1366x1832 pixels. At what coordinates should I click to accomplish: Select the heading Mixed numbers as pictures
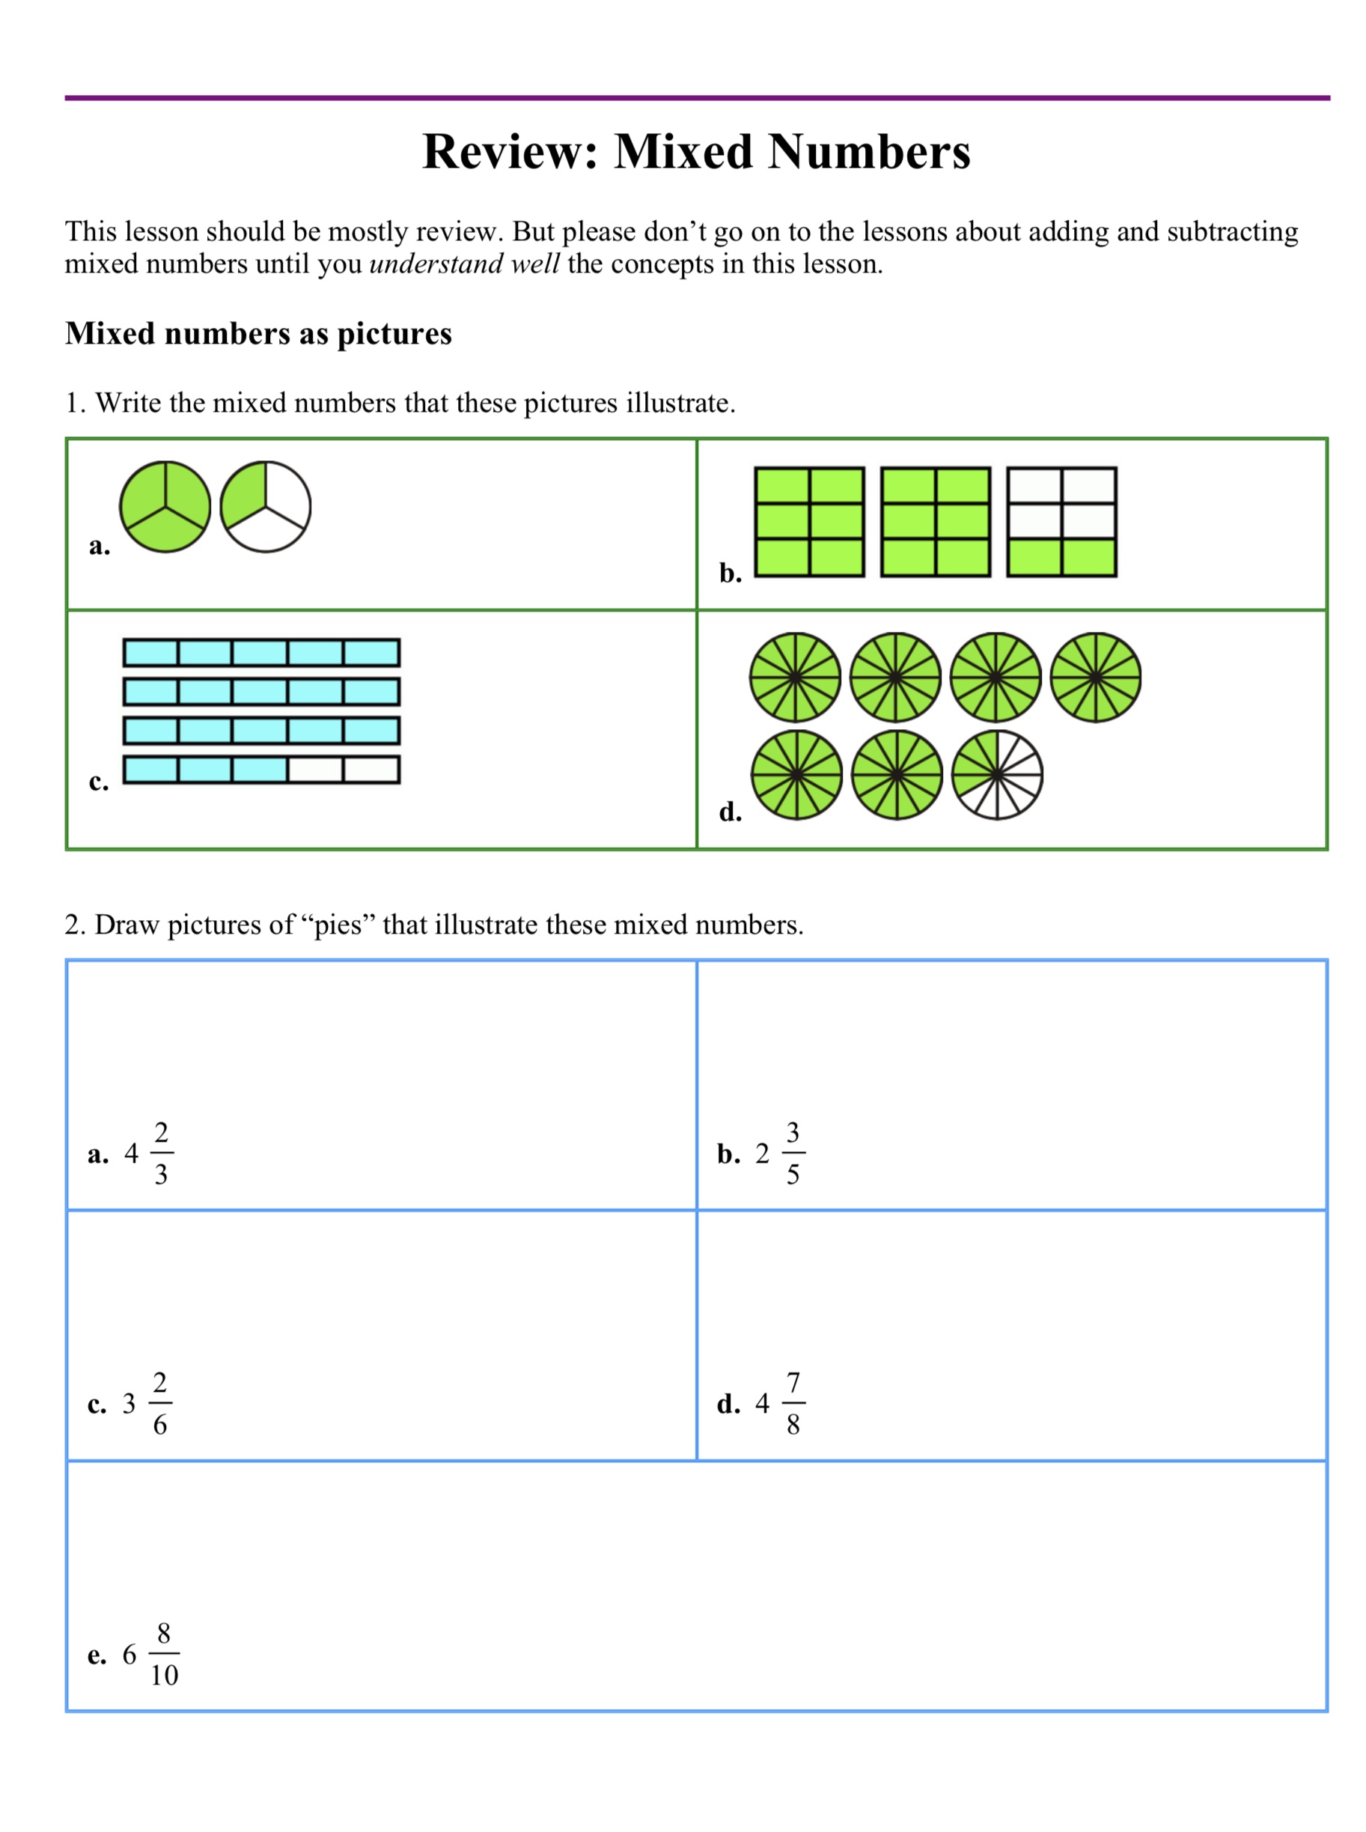258,333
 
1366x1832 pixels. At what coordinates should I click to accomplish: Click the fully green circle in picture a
165,507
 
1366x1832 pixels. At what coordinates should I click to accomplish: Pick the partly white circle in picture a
266,507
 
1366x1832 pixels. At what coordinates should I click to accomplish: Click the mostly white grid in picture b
1061,522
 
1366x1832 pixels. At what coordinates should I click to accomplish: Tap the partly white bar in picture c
261,769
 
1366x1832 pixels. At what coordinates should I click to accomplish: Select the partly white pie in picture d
996,775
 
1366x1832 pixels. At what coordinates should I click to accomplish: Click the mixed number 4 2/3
149,1153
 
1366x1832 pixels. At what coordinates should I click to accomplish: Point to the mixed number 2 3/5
780,1153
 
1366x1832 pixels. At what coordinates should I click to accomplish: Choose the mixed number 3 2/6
147,1404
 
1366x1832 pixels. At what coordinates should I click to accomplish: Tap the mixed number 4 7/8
780,1404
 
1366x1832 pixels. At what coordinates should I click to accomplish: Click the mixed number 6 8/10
150,1654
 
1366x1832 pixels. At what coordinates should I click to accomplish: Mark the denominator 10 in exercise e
164,1675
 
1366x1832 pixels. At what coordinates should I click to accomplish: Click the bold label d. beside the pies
730,812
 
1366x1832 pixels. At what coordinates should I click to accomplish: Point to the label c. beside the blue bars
98,782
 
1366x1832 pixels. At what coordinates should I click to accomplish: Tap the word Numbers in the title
869,152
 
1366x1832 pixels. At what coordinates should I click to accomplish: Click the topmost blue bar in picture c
261,653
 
